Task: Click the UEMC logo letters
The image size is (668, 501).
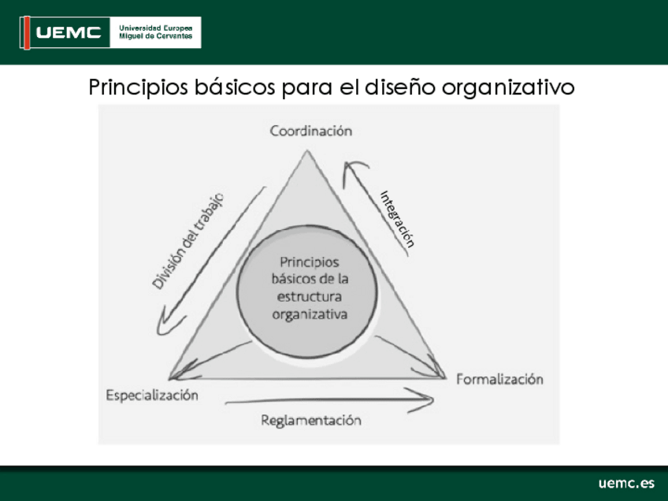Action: [x=69, y=32]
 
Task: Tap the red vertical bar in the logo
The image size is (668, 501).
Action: [x=27, y=33]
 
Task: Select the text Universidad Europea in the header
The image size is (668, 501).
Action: [x=155, y=28]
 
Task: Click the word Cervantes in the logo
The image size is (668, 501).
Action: [x=175, y=36]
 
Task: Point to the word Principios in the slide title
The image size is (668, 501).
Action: [x=139, y=87]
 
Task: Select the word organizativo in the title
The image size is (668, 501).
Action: [x=508, y=88]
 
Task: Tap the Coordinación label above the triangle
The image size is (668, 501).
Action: [x=311, y=131]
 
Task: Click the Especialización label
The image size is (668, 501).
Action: [x=152, y=395]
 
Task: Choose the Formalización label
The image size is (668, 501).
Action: [x=499, y=379]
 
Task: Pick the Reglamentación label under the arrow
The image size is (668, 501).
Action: [x=311, y=421]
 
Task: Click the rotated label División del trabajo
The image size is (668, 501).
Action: [x=187, y=241]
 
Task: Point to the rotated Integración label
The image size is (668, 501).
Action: [x=397, y=219]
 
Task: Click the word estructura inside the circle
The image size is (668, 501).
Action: [x=310, y=296]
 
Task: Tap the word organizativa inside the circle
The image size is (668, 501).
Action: [x=310, y=315]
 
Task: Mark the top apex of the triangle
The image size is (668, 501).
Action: [x=307, y=150]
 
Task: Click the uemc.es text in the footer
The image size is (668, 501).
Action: [x=626, y=483]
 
